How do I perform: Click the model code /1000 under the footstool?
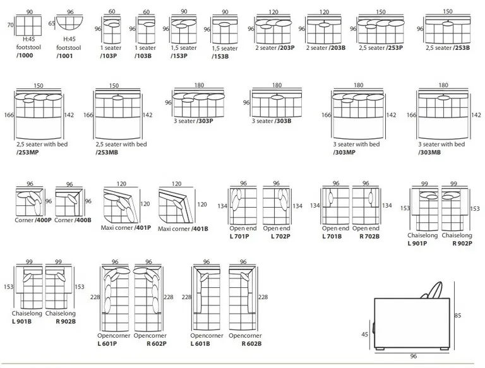tap(25, 56)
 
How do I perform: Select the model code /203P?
tap(286, 48)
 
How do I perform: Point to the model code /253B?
tap(461, 48)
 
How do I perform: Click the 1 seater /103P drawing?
tap(112, 30)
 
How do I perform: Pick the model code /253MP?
tap(28, 153)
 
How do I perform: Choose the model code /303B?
tap(283, 121)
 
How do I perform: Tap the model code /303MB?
tap(429, 153)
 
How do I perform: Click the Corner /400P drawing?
tap(30, 201)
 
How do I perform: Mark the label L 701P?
tap(239, 237)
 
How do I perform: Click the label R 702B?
tap(369, 237)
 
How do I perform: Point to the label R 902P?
tap(462, 244)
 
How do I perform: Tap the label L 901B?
tap(21, 322)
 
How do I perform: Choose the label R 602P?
tap(157, 344)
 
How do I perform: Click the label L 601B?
tap(200, 344)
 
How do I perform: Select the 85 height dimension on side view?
tap(457, 316)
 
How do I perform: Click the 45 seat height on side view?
tap(364, 335)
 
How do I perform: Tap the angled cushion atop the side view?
tap(434, 290)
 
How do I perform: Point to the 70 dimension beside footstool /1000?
tap(11, 25)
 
